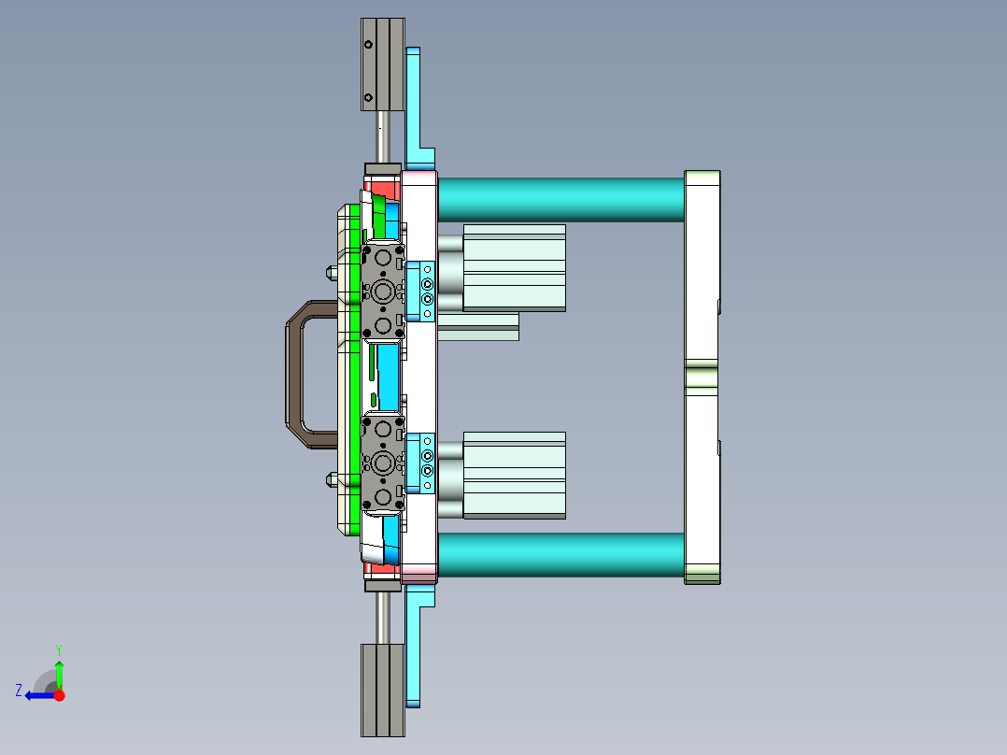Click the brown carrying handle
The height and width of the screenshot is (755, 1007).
[297, 374]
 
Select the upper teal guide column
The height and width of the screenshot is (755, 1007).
[560, 199]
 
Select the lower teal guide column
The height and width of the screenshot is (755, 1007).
[560, 554]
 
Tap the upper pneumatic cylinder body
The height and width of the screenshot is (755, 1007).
[514, 267]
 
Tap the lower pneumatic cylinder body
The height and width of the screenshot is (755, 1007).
[514, 475]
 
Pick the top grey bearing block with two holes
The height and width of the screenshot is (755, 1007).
[382, 64]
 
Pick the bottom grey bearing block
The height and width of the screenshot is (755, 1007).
[382, 689]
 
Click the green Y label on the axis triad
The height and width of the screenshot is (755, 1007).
[58, 648]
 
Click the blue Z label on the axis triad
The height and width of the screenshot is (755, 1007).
[19, 691]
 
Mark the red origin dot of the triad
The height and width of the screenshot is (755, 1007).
[59, 695]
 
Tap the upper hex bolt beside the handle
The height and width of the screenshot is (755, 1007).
[331, 274]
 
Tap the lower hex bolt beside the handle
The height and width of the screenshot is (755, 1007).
[331, 480]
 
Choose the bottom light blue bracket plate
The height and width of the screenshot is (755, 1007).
[415, 654]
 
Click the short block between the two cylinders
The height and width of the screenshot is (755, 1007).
[477, 326]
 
